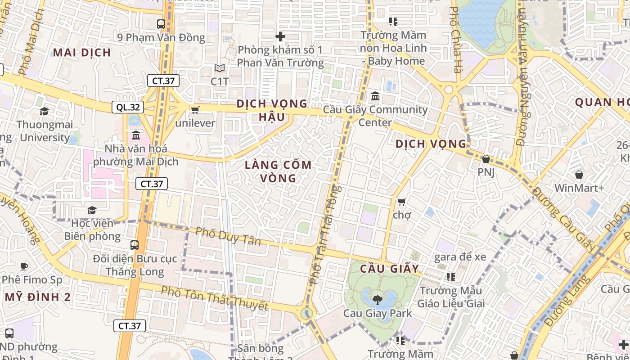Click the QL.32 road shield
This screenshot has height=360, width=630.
[x=128, y=107]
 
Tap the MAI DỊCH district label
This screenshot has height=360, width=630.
[x=82, y=53]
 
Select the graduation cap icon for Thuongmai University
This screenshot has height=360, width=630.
[x=44, y=111]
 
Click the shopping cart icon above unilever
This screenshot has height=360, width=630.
[x=195, y=110]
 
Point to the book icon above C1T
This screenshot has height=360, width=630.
[x=220, y=68]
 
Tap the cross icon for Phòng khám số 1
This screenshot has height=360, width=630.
[x=280, y=36]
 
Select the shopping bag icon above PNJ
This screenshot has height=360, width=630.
[x=486, y=159]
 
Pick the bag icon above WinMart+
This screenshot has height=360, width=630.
[x=579, y=175]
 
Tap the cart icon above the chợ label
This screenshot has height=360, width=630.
[x=401, y=202]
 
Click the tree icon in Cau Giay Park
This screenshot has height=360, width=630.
[x=378, y=299]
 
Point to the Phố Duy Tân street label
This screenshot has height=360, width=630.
[x=228, y=236]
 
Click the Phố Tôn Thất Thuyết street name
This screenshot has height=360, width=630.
[x=215, y=299]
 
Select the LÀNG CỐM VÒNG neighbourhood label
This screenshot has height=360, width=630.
[x=278, y=171]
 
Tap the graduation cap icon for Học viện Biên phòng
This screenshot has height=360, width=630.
[x=92, y=210]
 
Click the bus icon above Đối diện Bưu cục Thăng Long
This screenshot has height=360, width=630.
[x=135, y=245]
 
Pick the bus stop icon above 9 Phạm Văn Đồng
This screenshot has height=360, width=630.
[x=161, y=24]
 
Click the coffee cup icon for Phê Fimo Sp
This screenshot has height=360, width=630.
[x=24, y=266]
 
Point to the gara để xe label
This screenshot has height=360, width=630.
[x=460, y=257]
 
